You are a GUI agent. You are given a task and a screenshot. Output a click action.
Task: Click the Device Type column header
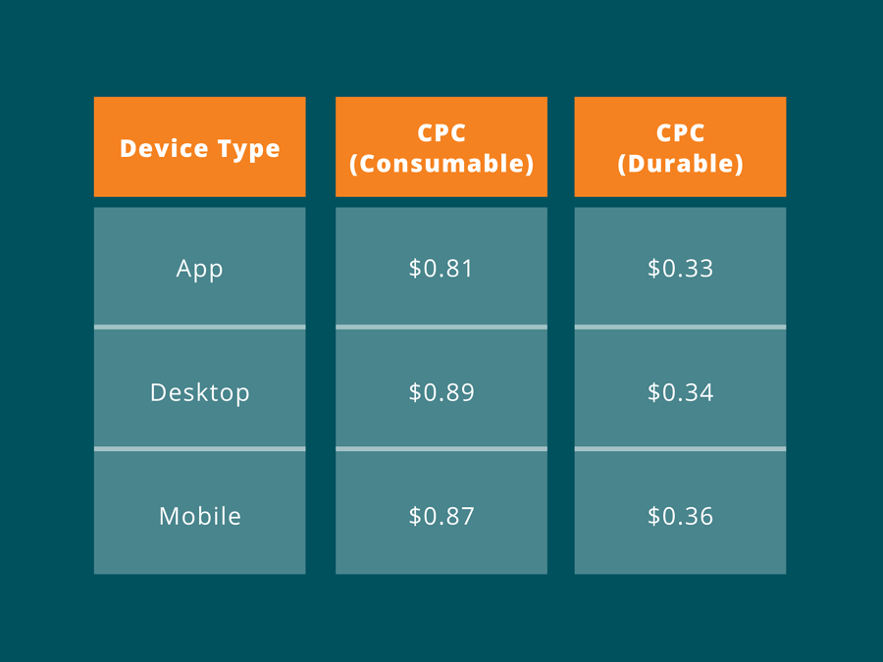[200, 147]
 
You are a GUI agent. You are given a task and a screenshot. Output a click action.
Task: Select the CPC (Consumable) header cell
[441, 147]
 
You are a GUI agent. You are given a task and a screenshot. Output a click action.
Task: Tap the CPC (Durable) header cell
[680, 147]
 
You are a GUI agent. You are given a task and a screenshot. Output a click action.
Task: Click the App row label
[200, 269]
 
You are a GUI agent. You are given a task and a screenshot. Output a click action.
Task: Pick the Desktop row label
[200, 392]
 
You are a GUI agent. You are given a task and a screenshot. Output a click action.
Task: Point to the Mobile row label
[200, 516]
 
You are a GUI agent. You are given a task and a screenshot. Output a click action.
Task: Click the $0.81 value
[441, 268]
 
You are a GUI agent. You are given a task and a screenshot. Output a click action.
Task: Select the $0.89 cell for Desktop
[441, 391]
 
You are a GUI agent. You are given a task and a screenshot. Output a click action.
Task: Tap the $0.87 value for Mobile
[441, 516]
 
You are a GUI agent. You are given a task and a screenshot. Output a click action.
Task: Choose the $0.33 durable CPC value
[680, 268]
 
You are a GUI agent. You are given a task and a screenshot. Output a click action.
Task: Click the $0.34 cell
[680, 391]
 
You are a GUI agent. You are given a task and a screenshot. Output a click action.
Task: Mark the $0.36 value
[680, 516]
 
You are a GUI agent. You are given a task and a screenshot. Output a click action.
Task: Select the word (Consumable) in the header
[441, 164]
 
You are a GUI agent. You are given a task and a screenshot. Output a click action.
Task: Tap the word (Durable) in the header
[680, 164]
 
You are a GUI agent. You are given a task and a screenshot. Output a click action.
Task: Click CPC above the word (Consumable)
[441, 132]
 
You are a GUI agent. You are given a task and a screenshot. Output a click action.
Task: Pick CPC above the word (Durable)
[680, 132]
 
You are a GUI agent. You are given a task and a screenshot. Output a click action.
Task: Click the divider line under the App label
[200, 327]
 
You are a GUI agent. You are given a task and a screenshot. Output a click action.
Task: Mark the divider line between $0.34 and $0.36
[680, 448]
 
